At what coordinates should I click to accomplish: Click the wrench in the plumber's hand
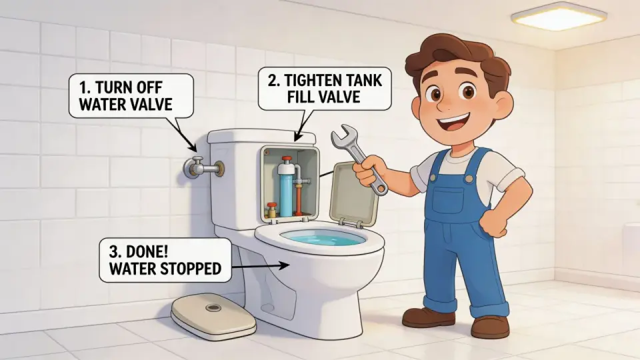(x=359, y=159)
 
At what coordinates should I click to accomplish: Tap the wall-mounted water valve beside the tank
(x=203, y=167)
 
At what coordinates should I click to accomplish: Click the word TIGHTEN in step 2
(x=315, y=80)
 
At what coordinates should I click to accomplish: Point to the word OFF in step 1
(x=149, y=87)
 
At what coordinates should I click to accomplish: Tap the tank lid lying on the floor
(x=213, y=315)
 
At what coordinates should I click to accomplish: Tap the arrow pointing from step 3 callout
(x=260, y=266)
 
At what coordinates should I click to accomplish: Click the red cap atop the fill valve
(x=287, y=159)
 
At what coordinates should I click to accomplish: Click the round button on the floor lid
(x=212, y=307)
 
